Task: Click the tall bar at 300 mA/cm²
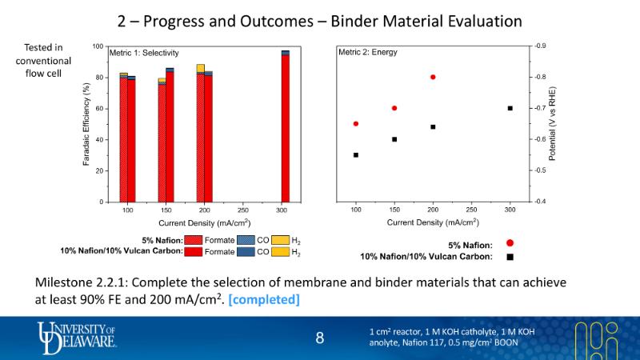(285, 128)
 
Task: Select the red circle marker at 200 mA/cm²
(433, 77)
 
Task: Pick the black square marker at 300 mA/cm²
(510, 108)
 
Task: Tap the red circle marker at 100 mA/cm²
(356, 123)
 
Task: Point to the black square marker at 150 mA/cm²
(394, 139)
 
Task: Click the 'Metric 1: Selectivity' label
(144, 53)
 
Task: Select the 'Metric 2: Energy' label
(368, 53)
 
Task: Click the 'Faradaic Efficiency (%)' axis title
(86, 124)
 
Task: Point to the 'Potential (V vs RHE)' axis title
(552, 124)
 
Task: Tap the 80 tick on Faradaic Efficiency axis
(98, 78)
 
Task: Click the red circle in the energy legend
(510, 243)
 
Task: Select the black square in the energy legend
(510, 257)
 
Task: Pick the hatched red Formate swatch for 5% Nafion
(193, 239)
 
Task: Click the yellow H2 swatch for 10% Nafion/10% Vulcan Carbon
(279, 252)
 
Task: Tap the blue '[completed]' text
(265, 300)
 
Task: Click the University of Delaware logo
(78, 337)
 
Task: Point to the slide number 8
(320, 338)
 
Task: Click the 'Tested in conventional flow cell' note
(44, 61)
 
